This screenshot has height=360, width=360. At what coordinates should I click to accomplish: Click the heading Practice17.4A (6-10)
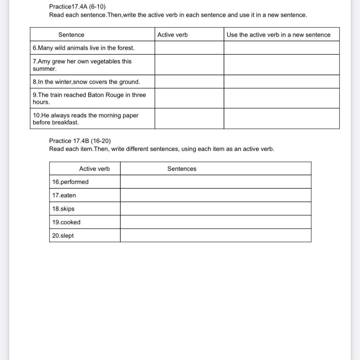(x=77, y=6)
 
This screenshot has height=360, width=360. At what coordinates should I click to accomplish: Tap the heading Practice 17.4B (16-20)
(x=80, y=141)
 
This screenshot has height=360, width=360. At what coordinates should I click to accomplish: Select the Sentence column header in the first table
(x=71, y=35)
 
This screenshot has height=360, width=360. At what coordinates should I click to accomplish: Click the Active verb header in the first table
(x=173, y=35)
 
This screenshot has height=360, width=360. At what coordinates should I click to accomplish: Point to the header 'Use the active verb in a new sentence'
(x=278, y=35)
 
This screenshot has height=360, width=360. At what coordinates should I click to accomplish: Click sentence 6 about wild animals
(x=84, y=48)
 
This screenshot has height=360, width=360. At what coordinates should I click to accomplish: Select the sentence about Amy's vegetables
(x=82, y=65)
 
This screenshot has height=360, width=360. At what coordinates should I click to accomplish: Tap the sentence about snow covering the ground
(x=86, y=82)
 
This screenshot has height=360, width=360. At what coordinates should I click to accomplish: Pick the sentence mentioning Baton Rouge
(x=89, y=98)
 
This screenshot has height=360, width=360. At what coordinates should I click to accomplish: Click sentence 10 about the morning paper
(x=86, y=119)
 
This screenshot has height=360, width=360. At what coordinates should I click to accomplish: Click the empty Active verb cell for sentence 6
(x=189, y=48)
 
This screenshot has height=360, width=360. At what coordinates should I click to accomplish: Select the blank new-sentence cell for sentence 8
(x=281, y=82)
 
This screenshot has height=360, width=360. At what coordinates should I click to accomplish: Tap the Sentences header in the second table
(x=182, y=169)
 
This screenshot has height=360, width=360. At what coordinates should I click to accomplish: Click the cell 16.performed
(x=71, y=182)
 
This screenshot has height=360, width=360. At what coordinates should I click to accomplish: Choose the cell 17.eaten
(x=64, y=195)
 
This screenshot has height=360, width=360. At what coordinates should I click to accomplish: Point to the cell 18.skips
(x=64, y=209)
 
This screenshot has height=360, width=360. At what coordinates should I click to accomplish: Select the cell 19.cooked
(x=66, y=222)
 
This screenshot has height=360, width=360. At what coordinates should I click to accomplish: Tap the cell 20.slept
(x=63, y=236)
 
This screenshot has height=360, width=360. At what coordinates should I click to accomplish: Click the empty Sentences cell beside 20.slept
(x=216, y=236)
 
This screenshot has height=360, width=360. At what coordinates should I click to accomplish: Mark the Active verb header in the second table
(x=94, y=169)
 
